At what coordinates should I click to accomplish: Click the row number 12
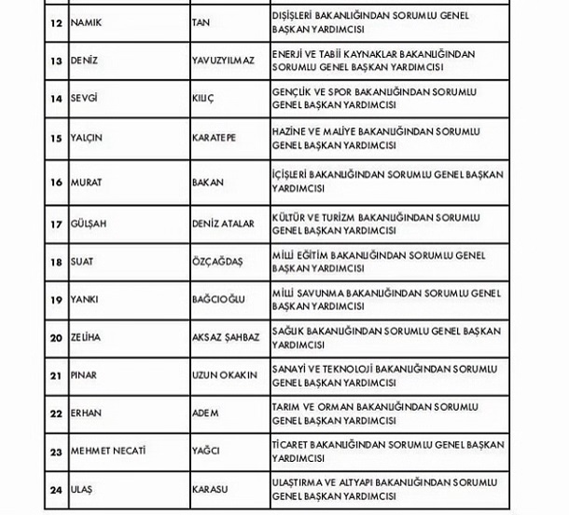click(55, 21)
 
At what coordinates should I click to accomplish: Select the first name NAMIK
click(88, 21)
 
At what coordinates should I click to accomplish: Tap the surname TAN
click(200, 21)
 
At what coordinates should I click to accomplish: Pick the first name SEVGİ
click(85, 98)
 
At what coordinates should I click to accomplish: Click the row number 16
click(55, 183)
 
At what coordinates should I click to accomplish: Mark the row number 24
click(55, 489)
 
